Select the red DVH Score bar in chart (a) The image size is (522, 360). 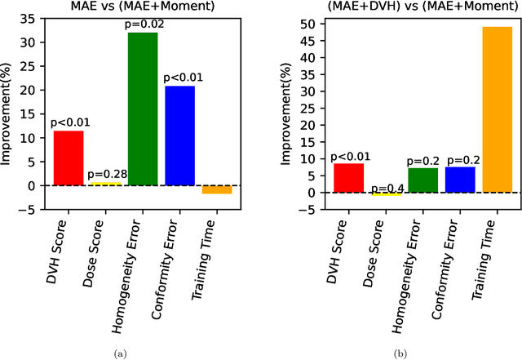[69, 158]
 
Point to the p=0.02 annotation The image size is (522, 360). [143, 25]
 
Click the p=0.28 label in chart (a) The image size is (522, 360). [106, 175]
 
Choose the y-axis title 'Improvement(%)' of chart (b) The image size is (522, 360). [288, 113]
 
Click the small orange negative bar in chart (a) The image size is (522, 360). [217, 189]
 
